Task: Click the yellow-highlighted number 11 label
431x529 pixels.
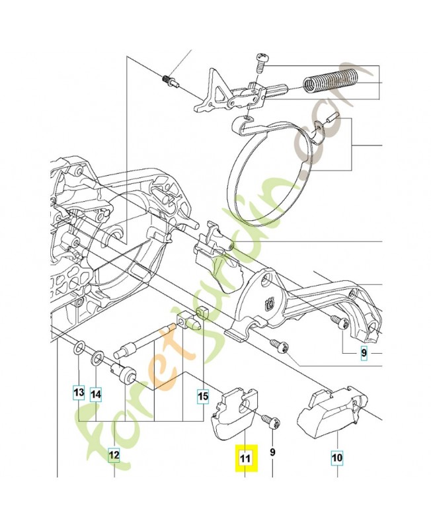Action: point(245,458)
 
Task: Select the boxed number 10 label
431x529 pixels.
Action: point(338,456)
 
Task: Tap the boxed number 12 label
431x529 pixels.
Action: point(114,455)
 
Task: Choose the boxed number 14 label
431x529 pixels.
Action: point(97,395)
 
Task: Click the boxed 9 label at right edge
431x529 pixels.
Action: point(363,354)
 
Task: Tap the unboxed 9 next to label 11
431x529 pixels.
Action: point(272,453)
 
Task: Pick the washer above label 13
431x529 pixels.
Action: point(79,347)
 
